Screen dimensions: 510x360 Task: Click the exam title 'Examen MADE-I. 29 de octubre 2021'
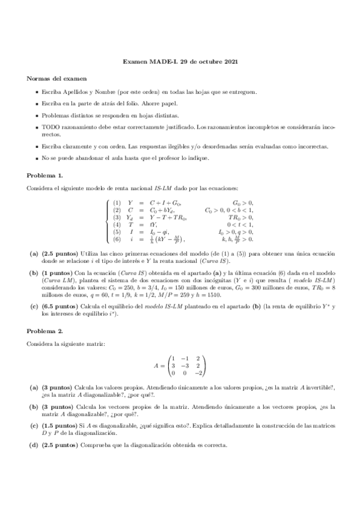(180, 61)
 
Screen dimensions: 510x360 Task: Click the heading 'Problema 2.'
(45, 331)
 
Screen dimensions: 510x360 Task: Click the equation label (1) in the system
(117, 203)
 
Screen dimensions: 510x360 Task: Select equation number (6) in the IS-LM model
(117, 240)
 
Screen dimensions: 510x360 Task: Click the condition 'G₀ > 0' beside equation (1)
(243, 203)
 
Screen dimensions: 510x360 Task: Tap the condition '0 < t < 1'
(240, 224)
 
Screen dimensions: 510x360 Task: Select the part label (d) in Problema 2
(34, 445)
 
